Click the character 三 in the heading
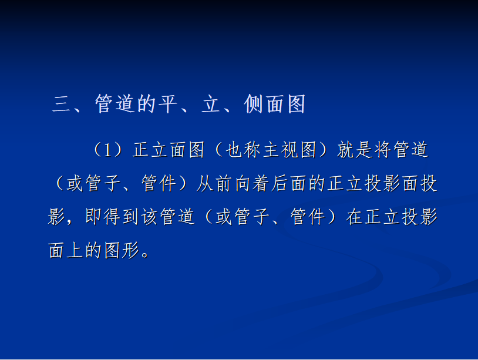coord(62,104)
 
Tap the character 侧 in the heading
coord(254,103)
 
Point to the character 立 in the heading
coord(211,103)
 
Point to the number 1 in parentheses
coord(107,150)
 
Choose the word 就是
coord(355,150)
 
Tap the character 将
coord(383,150)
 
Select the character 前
coord(224,183)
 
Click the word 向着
coord(252,183)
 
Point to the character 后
coord(280,183)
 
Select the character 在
coord(355,217)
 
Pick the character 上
coord(75,250)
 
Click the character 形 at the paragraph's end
coord(130,250)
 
